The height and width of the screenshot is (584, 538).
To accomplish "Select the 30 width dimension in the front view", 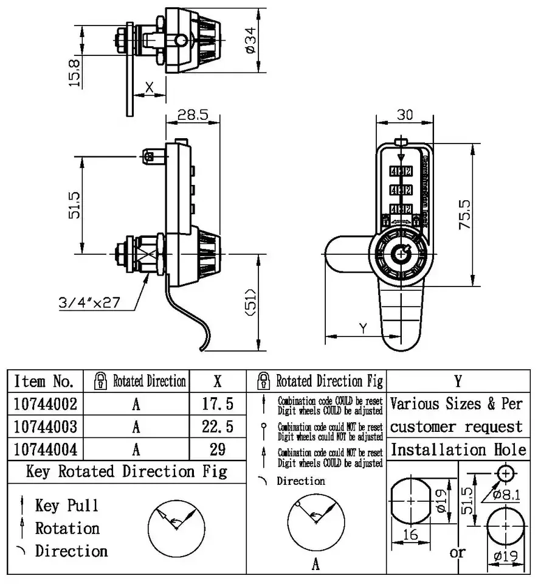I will coord(404,114).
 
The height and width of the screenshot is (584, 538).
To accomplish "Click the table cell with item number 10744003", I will coord(45,426).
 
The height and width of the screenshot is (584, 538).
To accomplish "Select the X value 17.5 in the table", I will coord(218,404).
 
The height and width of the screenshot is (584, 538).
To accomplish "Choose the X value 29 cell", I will coord(218,449).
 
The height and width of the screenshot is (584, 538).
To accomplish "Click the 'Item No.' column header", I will coord(45,381).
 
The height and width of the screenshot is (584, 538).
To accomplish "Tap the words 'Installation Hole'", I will coord(458,450).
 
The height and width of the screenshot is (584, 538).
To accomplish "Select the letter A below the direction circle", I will coord(316,565).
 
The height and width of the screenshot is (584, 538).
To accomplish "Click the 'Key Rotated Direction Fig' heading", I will coord(126,471).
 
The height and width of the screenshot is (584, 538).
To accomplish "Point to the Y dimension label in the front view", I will coord(363,328).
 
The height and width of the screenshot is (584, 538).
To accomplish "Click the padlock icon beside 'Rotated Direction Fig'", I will coord(264,381).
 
